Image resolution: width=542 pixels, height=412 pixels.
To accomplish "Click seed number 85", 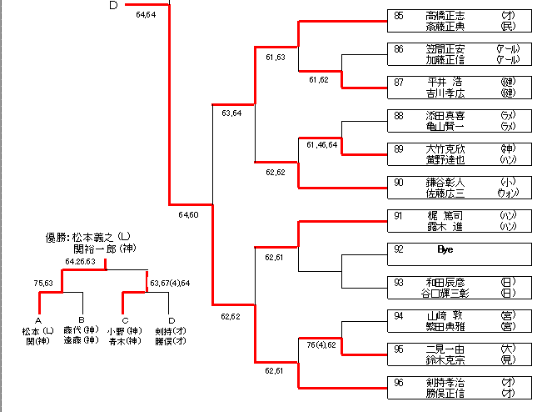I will (x=399, y=15).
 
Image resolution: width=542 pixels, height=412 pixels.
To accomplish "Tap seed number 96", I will (x=399, y=382).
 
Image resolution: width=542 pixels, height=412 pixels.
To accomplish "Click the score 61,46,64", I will (x=322, y=145).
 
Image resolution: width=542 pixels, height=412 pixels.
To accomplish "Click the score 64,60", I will (x=188, y=215).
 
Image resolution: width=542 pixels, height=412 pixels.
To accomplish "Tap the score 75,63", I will (x=43, y=284).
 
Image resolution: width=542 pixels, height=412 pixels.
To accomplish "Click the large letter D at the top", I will (x=114, y=6).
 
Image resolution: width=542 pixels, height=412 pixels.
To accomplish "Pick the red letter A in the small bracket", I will (x=38, y=320).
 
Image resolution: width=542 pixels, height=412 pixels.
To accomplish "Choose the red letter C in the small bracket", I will (x=124, y=320).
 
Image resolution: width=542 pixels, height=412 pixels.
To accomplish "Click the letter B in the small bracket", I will (x=82, y=320).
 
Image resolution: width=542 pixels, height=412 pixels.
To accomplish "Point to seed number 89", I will (x=399, y=148).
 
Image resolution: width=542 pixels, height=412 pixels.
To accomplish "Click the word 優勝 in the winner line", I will (x=56, y=237).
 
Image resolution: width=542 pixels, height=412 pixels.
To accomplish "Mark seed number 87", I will (x=399, y=82).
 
